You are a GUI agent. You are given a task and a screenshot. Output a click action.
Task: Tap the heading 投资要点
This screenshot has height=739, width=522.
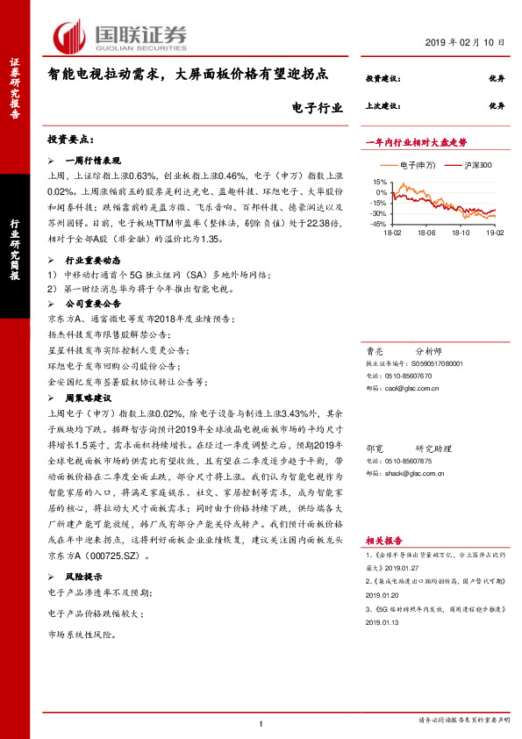(x=70, y=140)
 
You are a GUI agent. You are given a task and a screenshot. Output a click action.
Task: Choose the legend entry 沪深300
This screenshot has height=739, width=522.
(x=471, y=165)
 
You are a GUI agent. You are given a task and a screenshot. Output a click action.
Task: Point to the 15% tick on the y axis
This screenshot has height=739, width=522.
(x=381, y=181)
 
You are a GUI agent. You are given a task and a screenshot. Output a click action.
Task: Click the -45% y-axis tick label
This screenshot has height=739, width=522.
(x=379, y=224)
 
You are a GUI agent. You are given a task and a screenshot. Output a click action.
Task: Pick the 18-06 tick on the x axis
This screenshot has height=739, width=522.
(x=426, y=233)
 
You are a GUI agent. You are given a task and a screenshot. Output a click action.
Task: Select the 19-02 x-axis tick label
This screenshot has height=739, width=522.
(x=496, y=233)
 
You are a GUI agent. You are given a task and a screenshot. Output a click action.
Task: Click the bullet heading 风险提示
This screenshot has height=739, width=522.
(x=86, y=577)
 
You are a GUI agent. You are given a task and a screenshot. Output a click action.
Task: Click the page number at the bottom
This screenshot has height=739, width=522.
(x=261, y=723)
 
